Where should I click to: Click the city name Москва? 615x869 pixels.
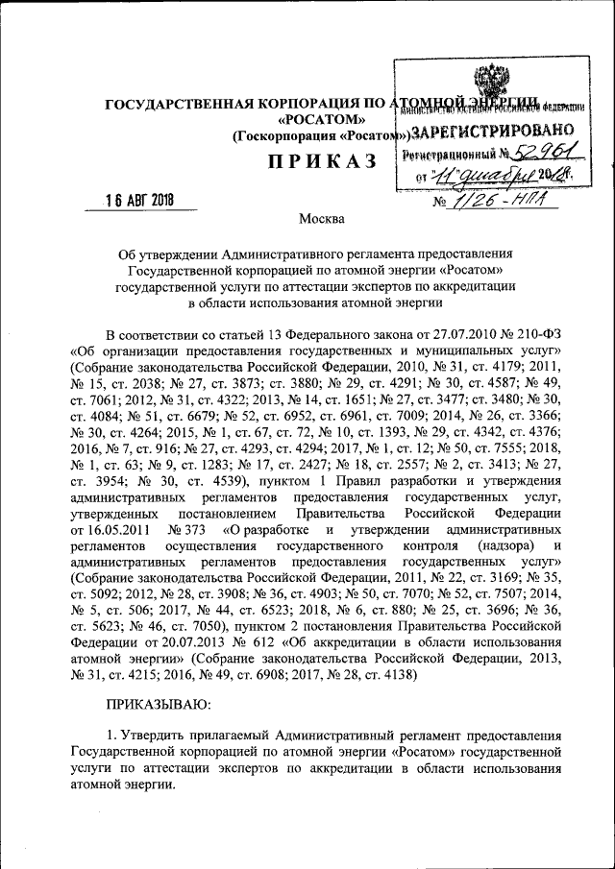click(x=321, y=219)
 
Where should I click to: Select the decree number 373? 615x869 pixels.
click(x=191, y=530)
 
